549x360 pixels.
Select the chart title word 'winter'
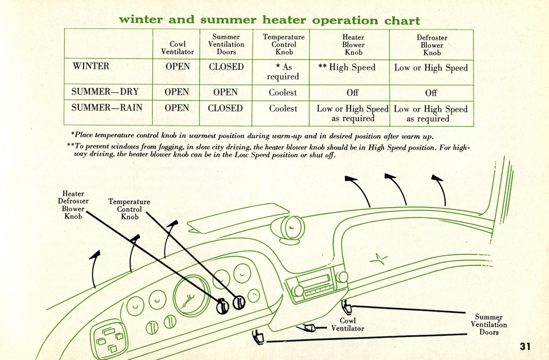pos(140,20)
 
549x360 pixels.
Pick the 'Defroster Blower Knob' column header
pos(432,45)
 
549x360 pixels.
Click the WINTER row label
pos(91,67)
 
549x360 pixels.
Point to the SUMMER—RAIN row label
pos(107,108)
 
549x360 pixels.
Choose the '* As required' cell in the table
pos(283,72)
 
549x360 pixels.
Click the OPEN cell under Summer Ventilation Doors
pos(225,92)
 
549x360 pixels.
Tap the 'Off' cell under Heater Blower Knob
pos(352,93)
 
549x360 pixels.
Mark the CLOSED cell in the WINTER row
pos(226,67)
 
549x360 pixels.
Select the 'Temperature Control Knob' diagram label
pos(129,209)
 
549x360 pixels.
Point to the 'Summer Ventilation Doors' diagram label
pos(488,325)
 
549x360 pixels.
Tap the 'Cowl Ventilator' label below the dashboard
pos(347,325)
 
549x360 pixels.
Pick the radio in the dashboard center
pos(316,282)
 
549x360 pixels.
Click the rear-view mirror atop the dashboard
pos(290,229)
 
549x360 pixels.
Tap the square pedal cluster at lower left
pos(109,339)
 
